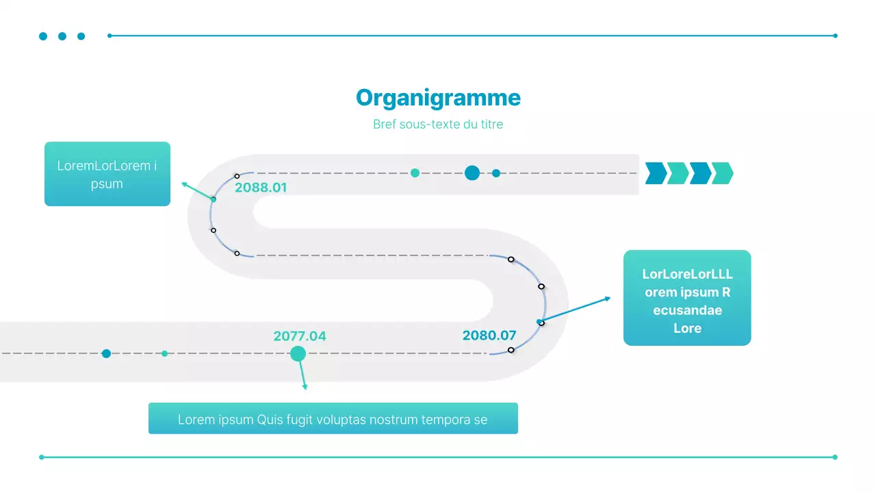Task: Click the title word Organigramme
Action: (438, 98)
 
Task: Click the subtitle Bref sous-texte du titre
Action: (438, 125)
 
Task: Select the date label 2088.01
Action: (261, 188)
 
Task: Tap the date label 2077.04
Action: (300, 336)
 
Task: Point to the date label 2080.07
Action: (489, 336)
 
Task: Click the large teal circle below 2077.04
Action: (298, 354)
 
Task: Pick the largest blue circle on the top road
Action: (472, 173)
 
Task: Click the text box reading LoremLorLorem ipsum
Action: (107, 174)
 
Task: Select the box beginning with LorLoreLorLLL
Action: (687, 298)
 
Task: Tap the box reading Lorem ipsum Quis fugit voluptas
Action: (333, 418)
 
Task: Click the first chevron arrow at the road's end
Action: (656, 173)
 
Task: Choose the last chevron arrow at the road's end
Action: (722, 173)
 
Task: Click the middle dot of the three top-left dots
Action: (62, 36)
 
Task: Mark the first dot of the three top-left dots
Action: (43, 36)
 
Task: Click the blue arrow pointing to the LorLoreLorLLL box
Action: (575, 310)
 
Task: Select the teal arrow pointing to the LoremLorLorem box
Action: (198, 191)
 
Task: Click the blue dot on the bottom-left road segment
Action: (106, 353)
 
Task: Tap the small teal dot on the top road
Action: (415, 173)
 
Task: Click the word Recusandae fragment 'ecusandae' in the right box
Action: (687, 310)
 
